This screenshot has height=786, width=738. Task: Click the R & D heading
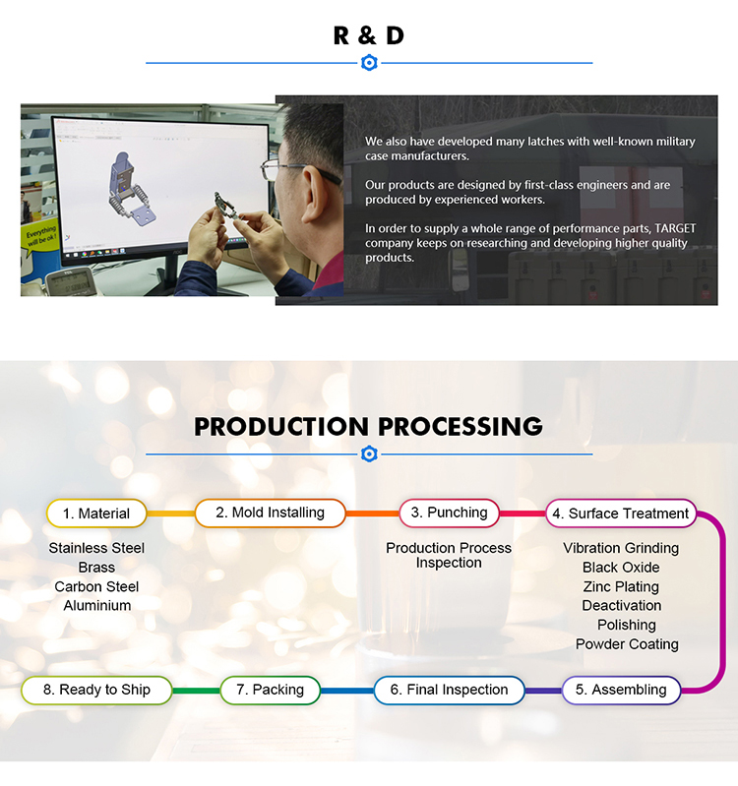(368, 35)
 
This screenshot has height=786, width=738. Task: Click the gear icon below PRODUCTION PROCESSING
(369, 454)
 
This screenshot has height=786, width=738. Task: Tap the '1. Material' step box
(96, 514)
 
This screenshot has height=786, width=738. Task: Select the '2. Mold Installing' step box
(271, 513)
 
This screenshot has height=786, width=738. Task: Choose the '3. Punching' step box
(450, 513)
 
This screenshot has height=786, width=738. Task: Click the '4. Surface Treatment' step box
(621, 514)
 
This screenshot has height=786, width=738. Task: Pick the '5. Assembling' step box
(621, 690)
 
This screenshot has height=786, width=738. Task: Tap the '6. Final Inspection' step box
(450, 690)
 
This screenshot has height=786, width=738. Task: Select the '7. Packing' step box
(271, 690)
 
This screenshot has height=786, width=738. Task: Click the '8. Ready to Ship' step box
(96, 690)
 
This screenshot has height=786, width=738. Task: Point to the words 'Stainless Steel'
(96, 548)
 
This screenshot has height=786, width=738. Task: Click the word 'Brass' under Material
(96, 568)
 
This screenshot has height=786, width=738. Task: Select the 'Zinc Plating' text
(621, 586)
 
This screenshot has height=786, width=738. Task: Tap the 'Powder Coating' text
(627, 644)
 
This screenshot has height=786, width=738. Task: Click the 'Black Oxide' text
(621, 568)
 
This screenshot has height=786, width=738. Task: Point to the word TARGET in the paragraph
(675, 228)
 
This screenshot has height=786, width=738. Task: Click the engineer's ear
(314, 193)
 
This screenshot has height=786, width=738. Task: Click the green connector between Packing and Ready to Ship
(196, 691)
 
